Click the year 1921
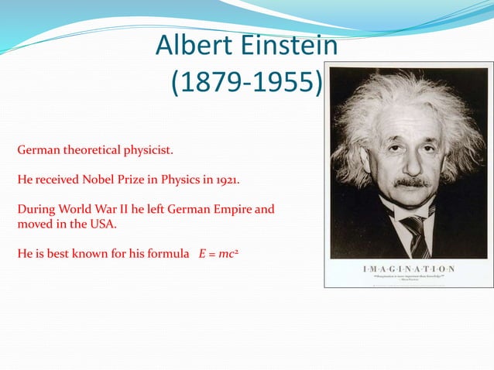pos(225,180)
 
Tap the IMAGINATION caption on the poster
pos(408,269)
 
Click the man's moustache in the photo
pos(411,183)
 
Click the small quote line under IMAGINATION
pos(408,276)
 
